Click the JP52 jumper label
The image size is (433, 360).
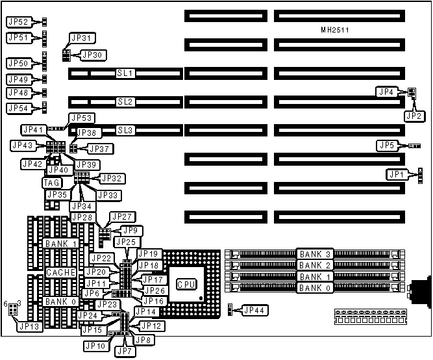[x=18, y=22]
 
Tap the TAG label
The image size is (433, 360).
[x=52, y=183]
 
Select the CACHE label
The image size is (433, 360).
[x=60, y=272]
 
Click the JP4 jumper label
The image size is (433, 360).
[x=388, y=92]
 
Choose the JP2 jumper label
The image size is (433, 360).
[x=413, y=116]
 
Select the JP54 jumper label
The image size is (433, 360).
[x=18, y=108]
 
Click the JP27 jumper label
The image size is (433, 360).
[x=121, y=216]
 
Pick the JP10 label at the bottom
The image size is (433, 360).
[x=95, y=346]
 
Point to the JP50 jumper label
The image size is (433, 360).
[x=18, y=64]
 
